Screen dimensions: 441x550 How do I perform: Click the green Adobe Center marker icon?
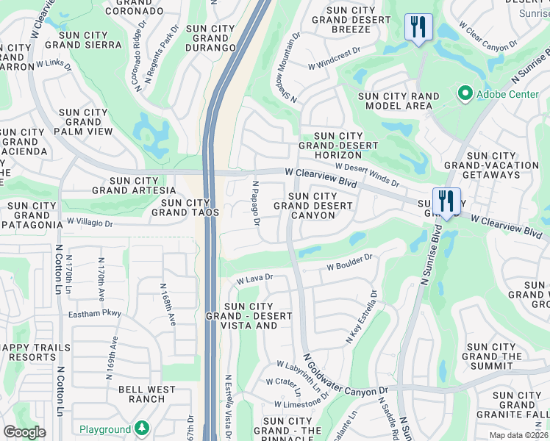tap(465, 94)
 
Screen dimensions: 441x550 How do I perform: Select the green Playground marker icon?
tap(142, 429)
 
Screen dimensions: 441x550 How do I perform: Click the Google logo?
tap(24, 431)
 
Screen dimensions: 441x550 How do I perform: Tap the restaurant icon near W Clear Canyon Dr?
tap(418, 28)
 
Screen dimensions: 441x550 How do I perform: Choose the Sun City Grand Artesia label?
tap(134, 185)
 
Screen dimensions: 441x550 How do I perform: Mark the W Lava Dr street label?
tap(254, 279)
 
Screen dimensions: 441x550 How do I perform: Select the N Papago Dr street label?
tap(257, 204)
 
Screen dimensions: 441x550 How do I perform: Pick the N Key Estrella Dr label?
tap(361, 317)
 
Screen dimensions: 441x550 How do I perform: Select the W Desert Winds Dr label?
tap(367, 174)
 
